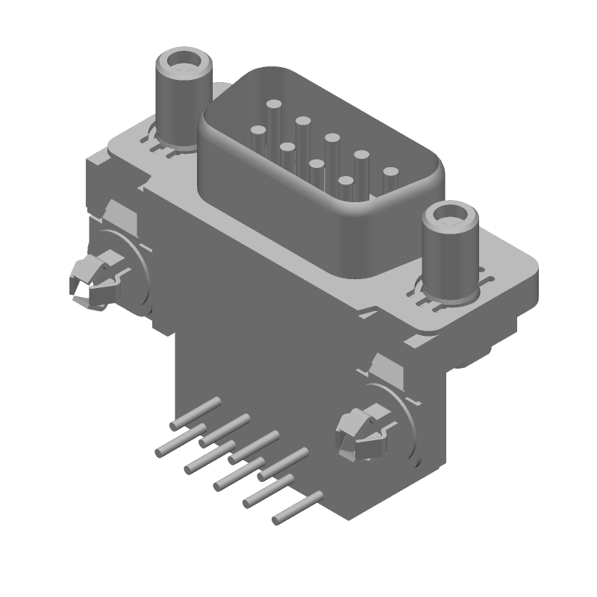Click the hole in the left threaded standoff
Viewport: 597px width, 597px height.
point(181,59)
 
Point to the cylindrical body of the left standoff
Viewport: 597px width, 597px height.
point(180,101)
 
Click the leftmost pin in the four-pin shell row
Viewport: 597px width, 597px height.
point(258,131)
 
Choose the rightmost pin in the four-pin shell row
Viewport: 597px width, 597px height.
point(346,181)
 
